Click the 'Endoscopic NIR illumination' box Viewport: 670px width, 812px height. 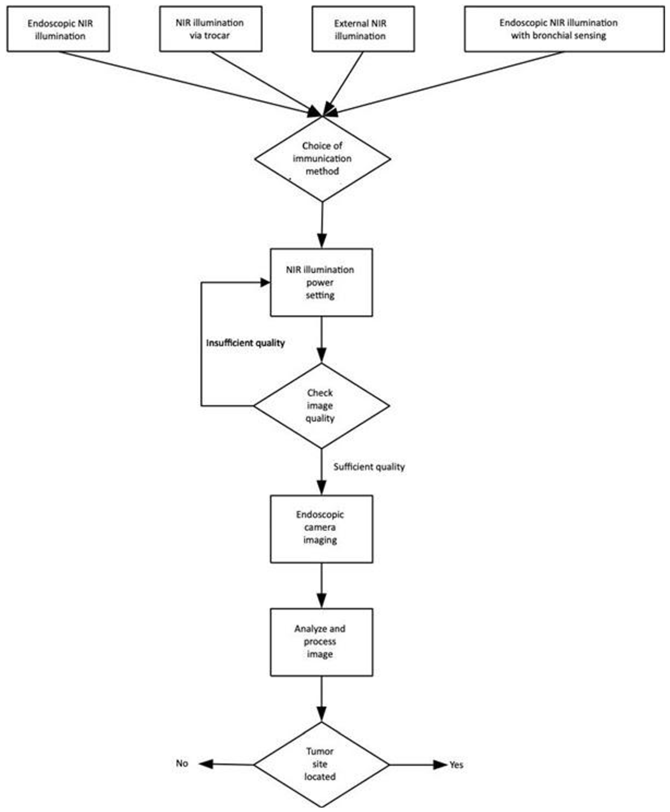[58, 29]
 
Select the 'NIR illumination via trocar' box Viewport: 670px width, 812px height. [211, 29]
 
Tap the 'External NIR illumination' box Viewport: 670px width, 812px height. [363, 29]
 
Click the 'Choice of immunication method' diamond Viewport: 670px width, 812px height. [322, 159]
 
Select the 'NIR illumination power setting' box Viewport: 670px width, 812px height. [321, 282]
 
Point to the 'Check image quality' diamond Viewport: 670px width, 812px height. [321, 405]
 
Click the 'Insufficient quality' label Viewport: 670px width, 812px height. [246, 343]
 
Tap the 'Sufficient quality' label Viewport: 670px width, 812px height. [369, 467]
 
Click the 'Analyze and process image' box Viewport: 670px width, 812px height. [321, 642]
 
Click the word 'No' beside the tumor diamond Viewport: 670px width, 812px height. [182, 763]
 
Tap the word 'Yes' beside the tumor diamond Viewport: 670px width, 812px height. [456, 765]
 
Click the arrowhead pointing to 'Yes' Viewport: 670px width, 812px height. [440, 765]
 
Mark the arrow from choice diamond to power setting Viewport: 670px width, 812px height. [322, 224]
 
